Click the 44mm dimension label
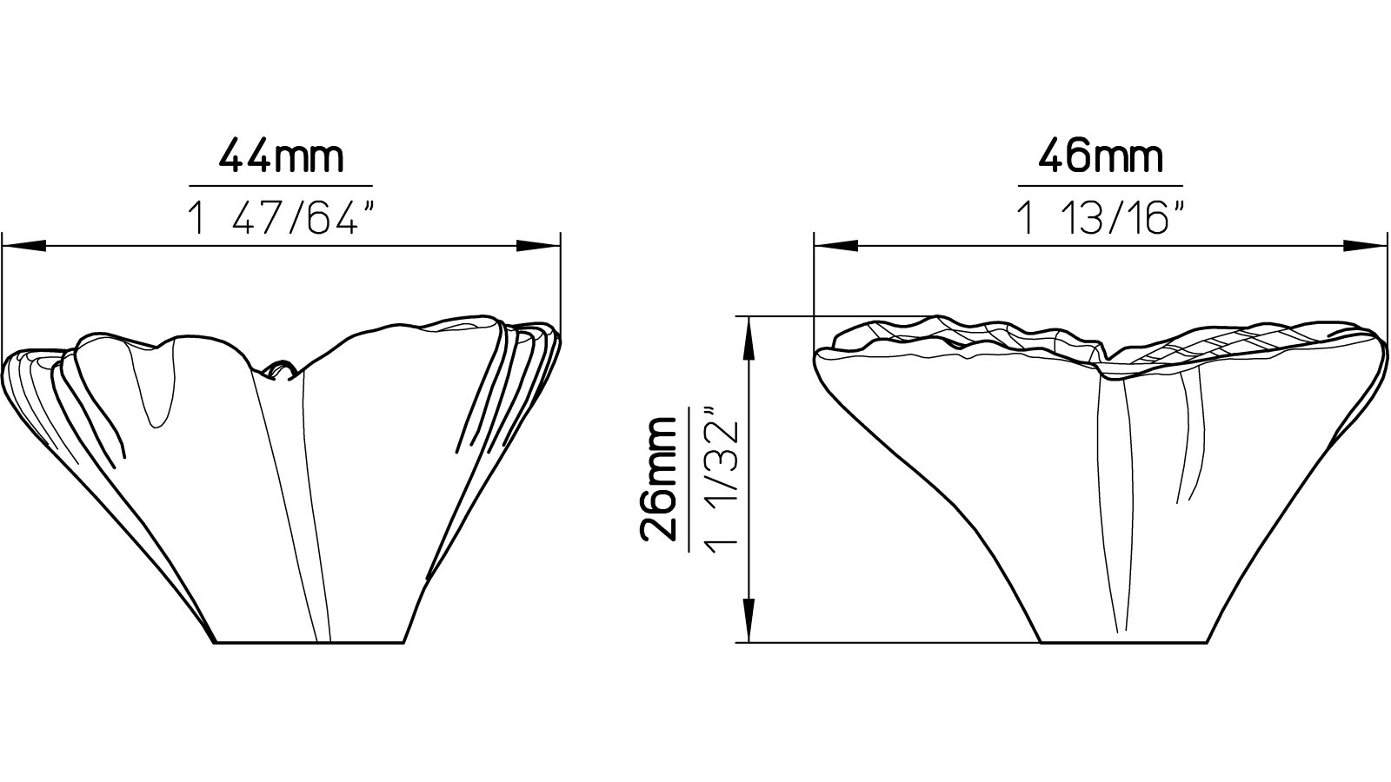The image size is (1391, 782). click(281, 157)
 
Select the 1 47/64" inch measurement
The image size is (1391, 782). click(282, 219)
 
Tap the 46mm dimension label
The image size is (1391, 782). click(1101, 157)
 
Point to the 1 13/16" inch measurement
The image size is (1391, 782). click(1101, 219)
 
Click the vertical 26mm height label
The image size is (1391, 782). click(658, 479)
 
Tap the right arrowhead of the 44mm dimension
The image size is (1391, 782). click(538, 247)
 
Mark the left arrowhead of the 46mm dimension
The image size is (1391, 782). click(836, 247)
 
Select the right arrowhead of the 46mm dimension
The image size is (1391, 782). click(1365, 247)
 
